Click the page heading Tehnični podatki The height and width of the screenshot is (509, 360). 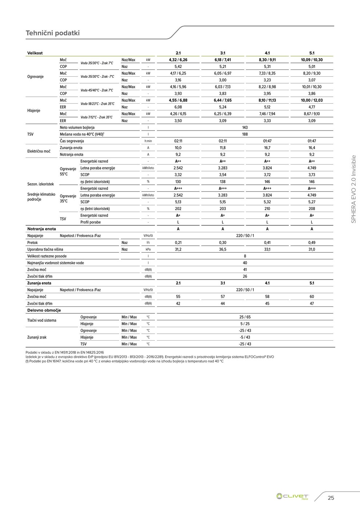(x=53, y=33)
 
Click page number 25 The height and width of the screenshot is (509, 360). (x=331, y=498)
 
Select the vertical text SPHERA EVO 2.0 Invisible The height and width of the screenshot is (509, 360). (x=353, y=189)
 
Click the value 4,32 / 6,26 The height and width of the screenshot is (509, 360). (x=178, y=60)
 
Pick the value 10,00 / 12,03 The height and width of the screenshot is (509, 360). (x=312, y=100)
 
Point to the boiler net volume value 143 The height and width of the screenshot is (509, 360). (x=245, y=128)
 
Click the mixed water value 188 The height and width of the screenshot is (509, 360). (x=245, y=134)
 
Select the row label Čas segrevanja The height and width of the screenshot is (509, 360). (x=72, y=141)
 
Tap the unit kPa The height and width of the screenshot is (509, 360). (x=148, y=249)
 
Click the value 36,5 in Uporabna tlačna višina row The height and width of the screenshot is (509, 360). (x=223, y=249)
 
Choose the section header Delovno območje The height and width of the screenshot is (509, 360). (x=44, y=310)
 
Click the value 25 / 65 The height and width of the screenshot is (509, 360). (x=245, y=317)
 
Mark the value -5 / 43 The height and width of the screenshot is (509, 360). (x=245, y=337)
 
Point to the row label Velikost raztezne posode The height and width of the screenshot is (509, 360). (x=48, y=256)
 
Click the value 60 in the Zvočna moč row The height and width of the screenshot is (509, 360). (x=312, y=297)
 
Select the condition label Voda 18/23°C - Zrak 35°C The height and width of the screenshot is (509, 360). (x=97, y=104)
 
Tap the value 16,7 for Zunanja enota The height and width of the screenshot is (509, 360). (x=267, y=148)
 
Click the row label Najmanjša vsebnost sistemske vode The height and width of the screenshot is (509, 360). (x=55, y=263)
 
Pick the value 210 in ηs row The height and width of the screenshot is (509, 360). (x=267, y=209)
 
